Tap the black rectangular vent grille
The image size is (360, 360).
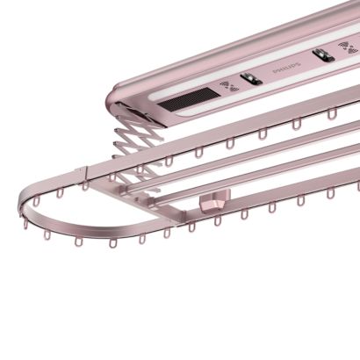pyautogui.click(x=189, y=97)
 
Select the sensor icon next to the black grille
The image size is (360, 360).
pyautogui.click(x=229, y=86)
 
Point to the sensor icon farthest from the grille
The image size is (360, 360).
pyautogui.click(x=348, y=47)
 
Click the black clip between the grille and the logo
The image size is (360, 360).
pyautogui.click(x=251, y=79)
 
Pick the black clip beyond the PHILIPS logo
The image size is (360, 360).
pyautogui.click(x=323, y=55)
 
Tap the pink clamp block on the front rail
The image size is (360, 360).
pyautogui.click(x=214, y=198)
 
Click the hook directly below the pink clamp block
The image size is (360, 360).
pyautogui.click(x=217, y=220)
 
